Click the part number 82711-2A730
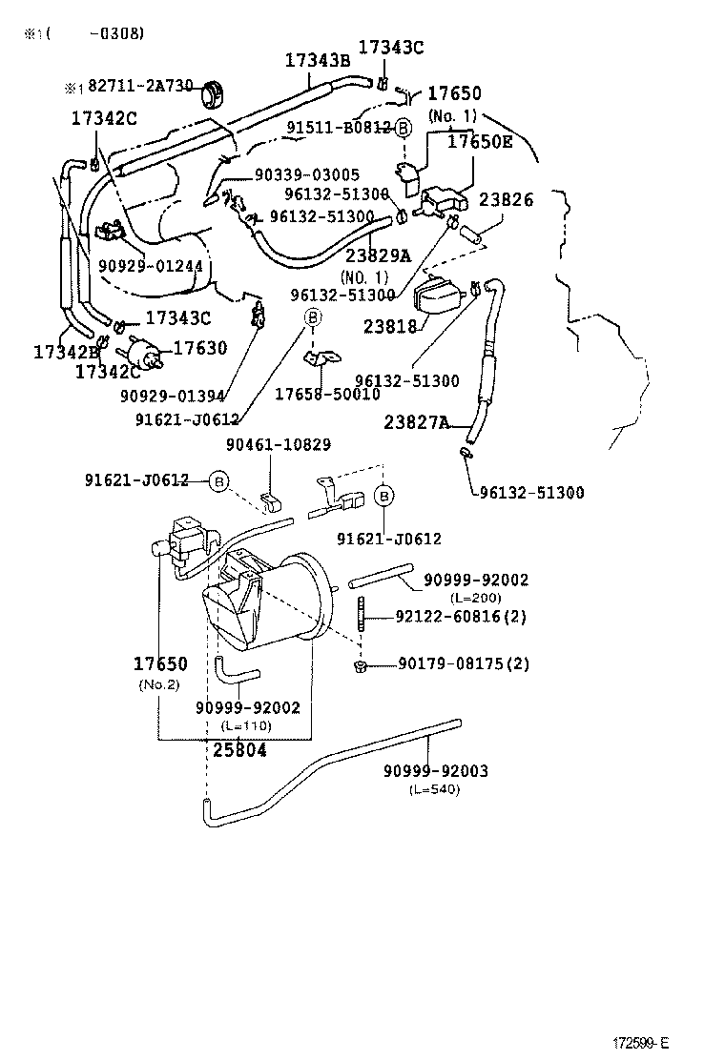(140, 87)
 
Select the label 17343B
(318, 60)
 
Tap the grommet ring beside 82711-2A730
(215, 93)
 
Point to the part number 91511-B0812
(339, 127)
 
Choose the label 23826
(506, 200)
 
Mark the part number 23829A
(378, 255)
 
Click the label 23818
(390, 326)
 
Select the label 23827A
(417, 421)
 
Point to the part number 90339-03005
(306, 174)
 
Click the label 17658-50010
(327, 394)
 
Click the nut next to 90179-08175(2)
(362, 664)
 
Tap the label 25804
(239, 749)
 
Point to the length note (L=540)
(435, 789)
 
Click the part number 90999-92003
(435, 771)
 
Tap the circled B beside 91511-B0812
(403, 128)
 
